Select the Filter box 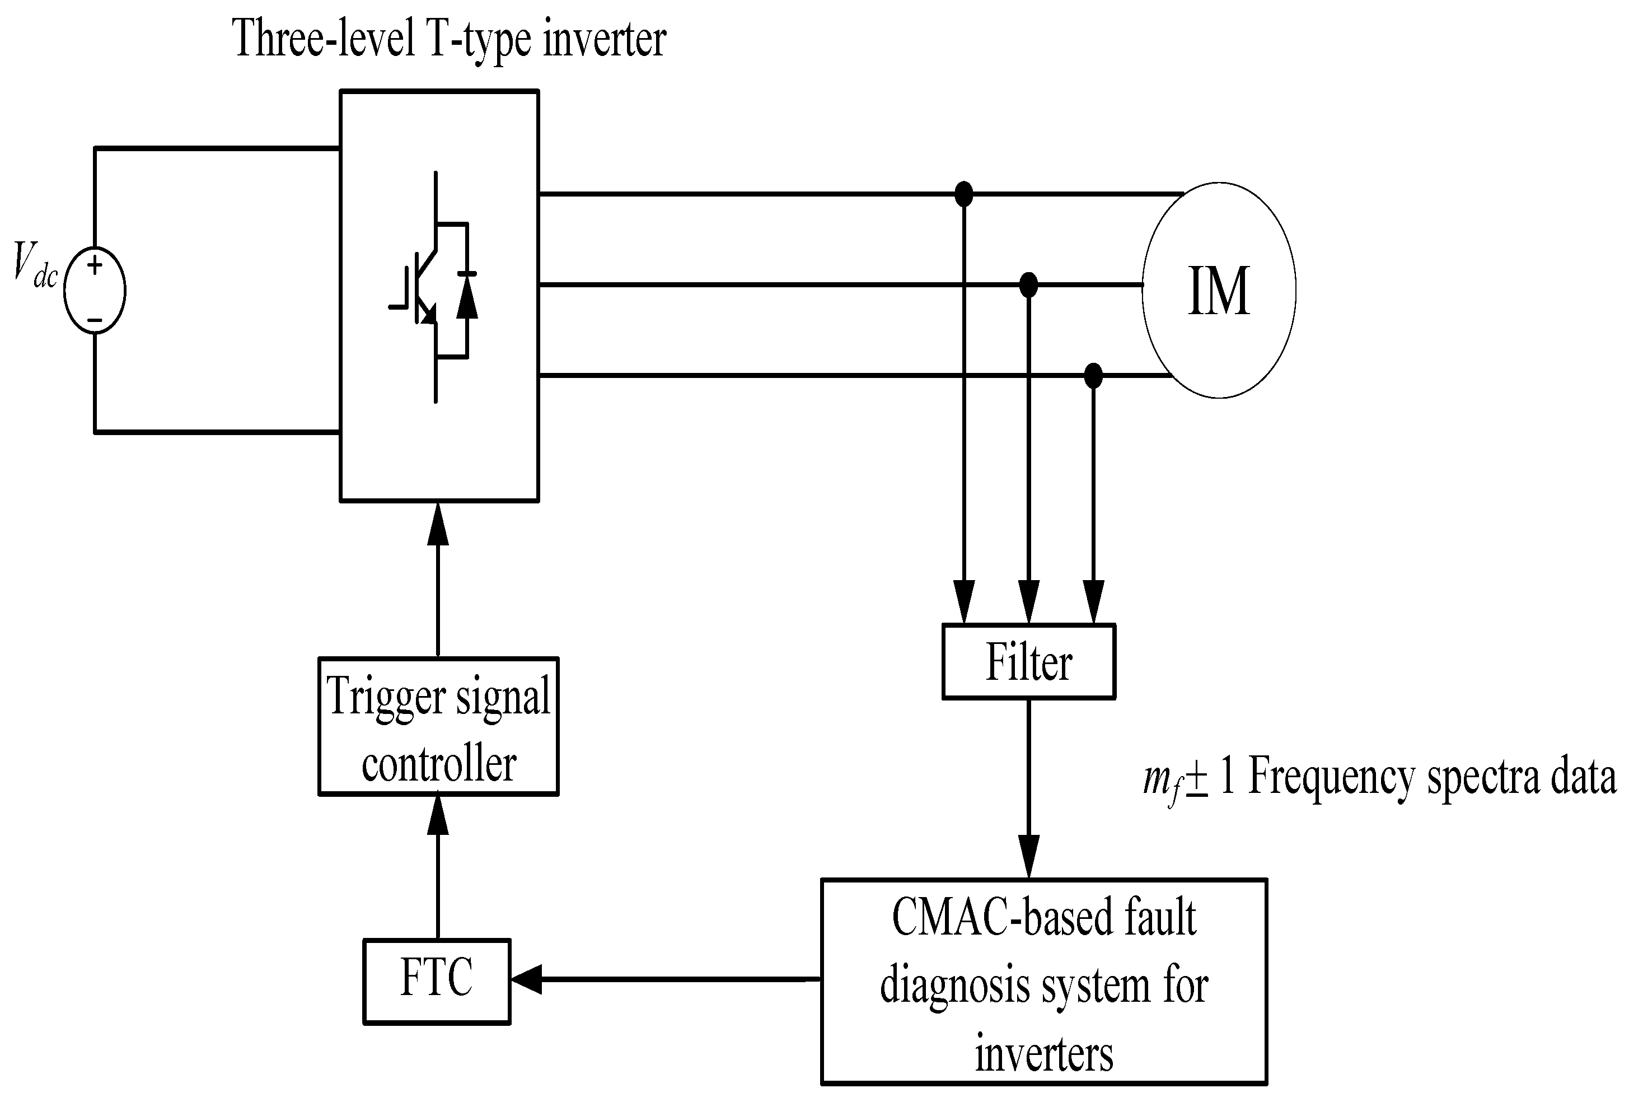pyautogui.click(x=1028, y=662)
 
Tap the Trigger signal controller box pyautogui.click(x=438, y=726)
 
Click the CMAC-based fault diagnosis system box pyautogui.click(x=1043, y=982)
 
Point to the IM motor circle pyautogui.click(x=1218, y=290)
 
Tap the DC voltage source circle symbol pyautogui.click(x=95, y=290)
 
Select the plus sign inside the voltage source pyautogui.click(x=95, y=265)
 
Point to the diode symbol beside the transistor pyautogui.click(x=467, y=298)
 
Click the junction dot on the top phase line pyautogui.click(x=964, y=194)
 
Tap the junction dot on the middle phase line pyautogui.click(x=1028, y=284)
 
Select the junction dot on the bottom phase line pyautogui.click(x=1092, y=376)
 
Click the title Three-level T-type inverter pyautogui.click(x=448, y=39)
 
